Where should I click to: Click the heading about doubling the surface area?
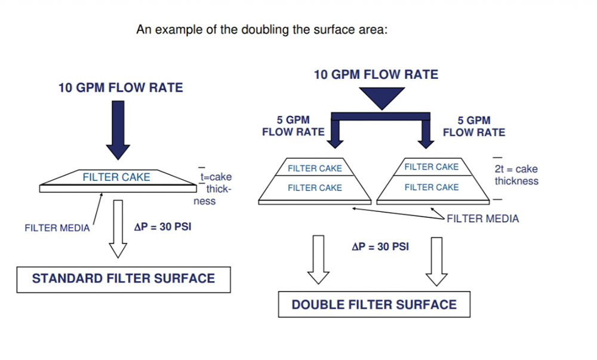coord(262,29)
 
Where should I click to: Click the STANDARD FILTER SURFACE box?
coord(124,279)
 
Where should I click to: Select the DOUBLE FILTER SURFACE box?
coord(374,304)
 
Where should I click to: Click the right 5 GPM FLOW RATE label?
coord(473,126)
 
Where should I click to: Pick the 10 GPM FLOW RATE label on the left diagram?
coord(121,88)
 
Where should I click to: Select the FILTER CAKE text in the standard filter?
coord(116,177)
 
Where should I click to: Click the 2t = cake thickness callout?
coord(516,175)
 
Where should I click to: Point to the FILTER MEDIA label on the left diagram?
coord(57,228)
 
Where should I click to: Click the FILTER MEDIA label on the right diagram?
coord(482,219)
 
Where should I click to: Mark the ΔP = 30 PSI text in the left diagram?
coord(162,227)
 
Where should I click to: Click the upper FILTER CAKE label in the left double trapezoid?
coord(315,168)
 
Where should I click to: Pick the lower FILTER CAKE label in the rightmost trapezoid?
coord(432,187)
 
